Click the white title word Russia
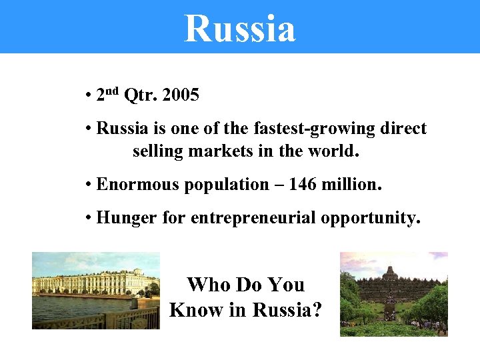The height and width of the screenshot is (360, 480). click(x=239, y=29)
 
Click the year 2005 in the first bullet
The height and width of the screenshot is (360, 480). click(x=180, y=95)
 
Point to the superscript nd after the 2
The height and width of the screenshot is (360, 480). click(x=113, y=91)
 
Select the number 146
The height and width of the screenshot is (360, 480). click(x=303, y=184)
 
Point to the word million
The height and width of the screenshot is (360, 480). click(x=352, y=184)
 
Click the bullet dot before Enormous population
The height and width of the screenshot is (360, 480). click(x=89, y=185)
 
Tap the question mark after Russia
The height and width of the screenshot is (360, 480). click(x=315, y=310)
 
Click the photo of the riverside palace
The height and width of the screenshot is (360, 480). click(x=95, y=291)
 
